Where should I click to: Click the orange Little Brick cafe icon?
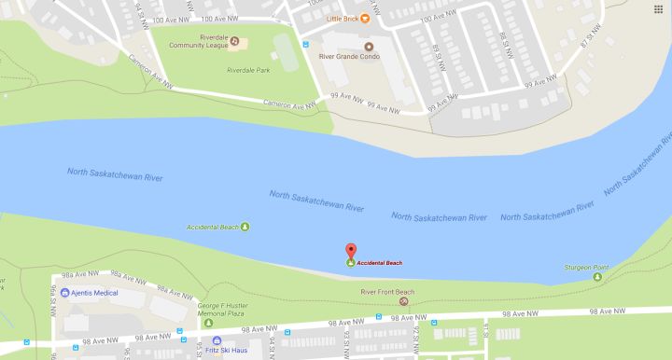365,18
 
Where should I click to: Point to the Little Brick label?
341,18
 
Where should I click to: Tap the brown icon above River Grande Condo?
367,46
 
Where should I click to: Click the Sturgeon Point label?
586,268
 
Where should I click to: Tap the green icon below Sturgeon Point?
597,277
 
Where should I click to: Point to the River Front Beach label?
386,292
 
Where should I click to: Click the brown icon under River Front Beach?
403,301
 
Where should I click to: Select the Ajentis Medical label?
96,292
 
